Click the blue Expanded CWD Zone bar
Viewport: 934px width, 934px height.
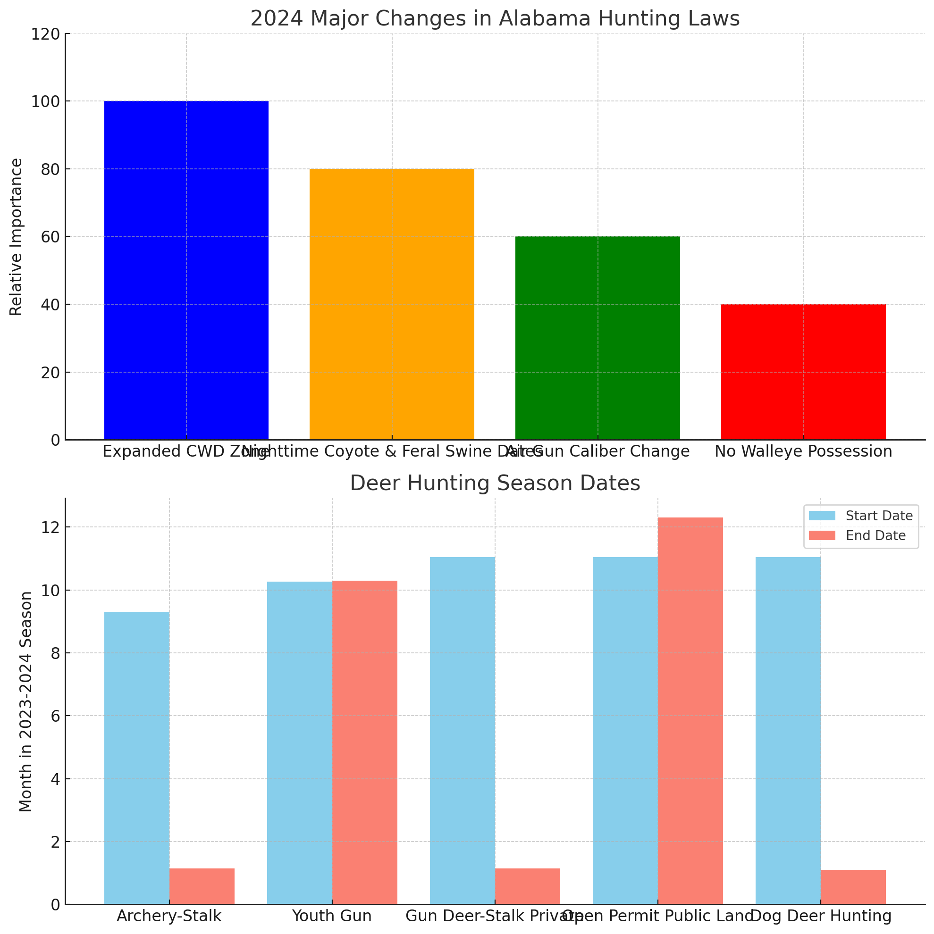point(186,270)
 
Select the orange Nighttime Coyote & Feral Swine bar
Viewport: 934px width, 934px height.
point(392,304)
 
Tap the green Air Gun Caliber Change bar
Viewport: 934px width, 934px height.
point(597,338)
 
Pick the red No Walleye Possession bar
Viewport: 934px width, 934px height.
point(803,372)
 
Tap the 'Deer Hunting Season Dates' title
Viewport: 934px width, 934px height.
point(495,484)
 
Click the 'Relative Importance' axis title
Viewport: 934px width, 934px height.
point(17,237)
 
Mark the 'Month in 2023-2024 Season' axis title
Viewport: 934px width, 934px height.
point(26,701)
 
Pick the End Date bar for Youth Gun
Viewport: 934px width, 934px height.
point(365,742)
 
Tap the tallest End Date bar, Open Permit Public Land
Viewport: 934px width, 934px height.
point(690,711)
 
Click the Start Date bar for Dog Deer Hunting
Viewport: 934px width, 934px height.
point(788,731)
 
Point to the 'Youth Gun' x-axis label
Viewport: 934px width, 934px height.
point(332,916)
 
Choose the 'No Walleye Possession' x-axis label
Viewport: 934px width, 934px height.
point(803,451)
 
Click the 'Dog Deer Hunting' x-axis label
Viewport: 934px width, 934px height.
point(821,916)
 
